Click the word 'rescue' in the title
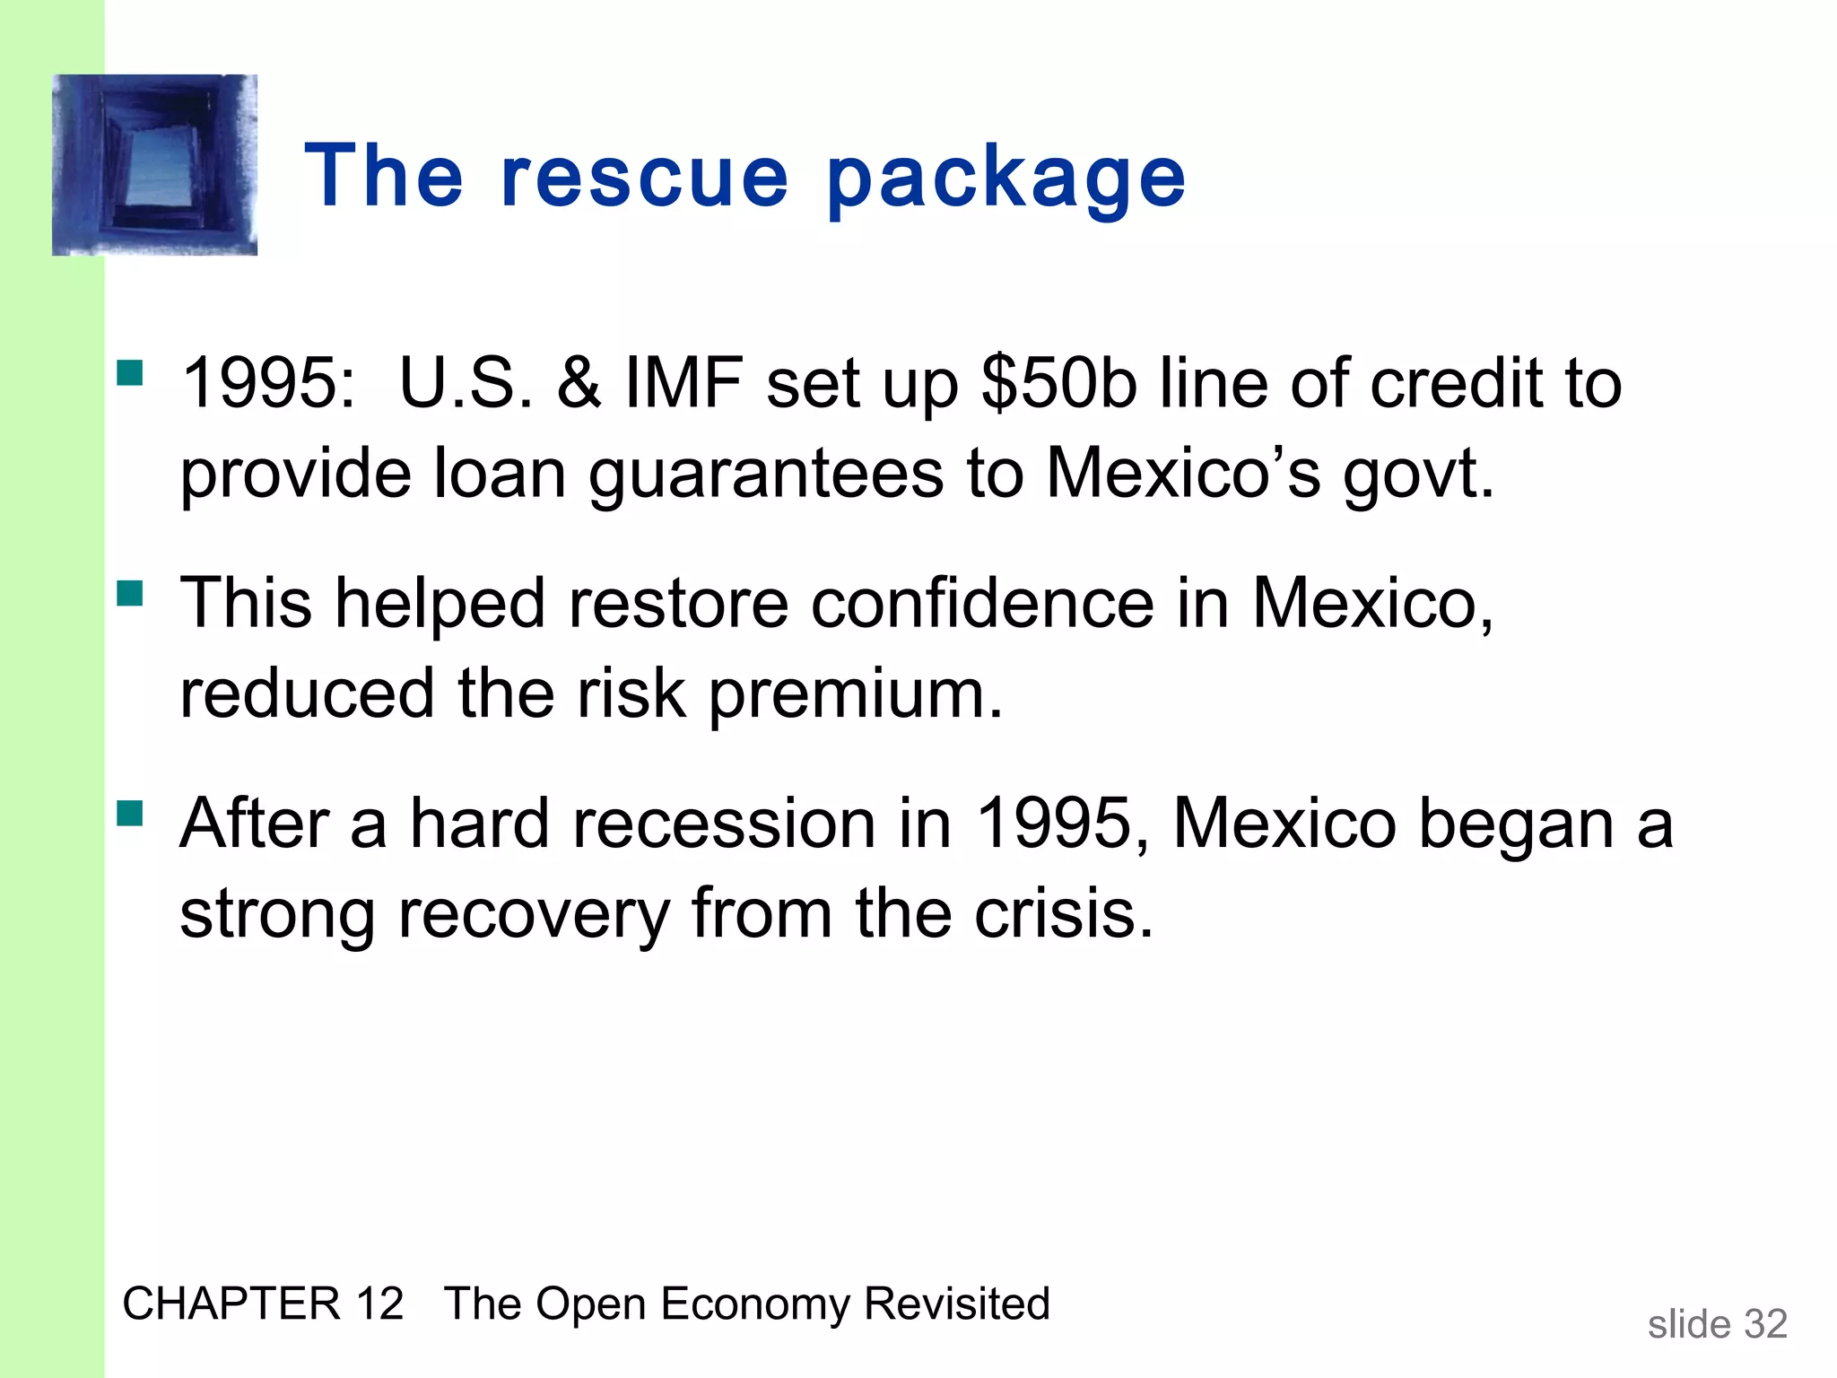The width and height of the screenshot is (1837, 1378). tap(644, 177)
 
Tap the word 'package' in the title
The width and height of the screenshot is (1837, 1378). tap(1006, 179)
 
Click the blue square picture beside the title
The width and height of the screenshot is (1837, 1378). tap(155, 165)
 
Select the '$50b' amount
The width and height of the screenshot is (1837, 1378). tap(1059, 384)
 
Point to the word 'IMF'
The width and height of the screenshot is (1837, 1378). tap(684, 384)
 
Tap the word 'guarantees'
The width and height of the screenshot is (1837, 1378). tap(766, 475)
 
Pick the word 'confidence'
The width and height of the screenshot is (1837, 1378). tap(982, 603)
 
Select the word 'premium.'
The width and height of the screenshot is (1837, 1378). tap(856, 695)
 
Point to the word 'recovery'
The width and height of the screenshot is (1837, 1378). tap(534, 915)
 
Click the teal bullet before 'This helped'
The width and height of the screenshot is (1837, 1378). tap(130, 593)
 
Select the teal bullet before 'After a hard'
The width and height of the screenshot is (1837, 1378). tap(130, 813)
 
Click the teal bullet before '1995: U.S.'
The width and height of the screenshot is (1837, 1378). tap(130, 372)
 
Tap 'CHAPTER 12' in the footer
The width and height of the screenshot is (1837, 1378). tap(263, 1304)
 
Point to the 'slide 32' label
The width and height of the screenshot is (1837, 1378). tap(1717, 1324)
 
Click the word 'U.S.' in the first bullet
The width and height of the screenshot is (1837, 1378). tap(466, 384)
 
